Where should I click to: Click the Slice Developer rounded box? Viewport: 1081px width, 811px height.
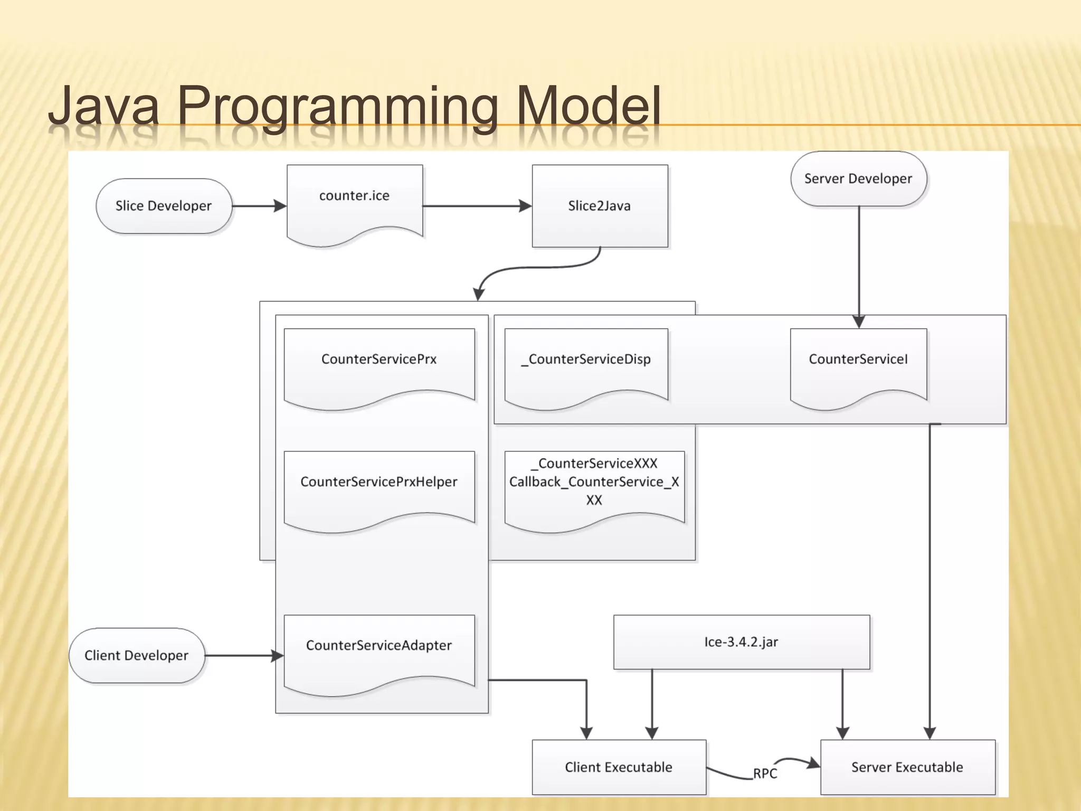pos(164,206)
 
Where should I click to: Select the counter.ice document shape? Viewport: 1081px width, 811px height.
pos(354,203)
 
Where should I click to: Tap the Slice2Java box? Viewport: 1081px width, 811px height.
pos(600,206)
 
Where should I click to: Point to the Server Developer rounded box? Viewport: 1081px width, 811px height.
pos(858,178)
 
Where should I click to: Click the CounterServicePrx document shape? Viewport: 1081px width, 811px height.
pos(379,367)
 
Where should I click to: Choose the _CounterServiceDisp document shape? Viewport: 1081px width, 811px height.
pos(586,367)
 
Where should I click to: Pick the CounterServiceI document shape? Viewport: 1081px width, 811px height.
pos(858,367)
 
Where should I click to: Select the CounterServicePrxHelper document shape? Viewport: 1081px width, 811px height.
pos(379,488)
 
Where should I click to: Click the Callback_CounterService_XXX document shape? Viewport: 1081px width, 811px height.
pos(594,488)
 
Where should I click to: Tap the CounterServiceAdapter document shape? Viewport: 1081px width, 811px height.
pos(379,652)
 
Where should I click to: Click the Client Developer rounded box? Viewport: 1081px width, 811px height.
pos(137,655)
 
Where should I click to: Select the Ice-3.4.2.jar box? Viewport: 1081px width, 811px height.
pos(741,642)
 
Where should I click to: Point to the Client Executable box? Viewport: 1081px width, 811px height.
pos(619,767)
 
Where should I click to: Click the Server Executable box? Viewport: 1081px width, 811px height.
pos(907,767)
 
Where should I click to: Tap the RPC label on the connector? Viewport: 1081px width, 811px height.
pos(765,774)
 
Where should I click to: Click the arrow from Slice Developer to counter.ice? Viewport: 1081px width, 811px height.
pos(259,206)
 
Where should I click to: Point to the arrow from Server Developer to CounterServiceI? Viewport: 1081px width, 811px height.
pos(859,264)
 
